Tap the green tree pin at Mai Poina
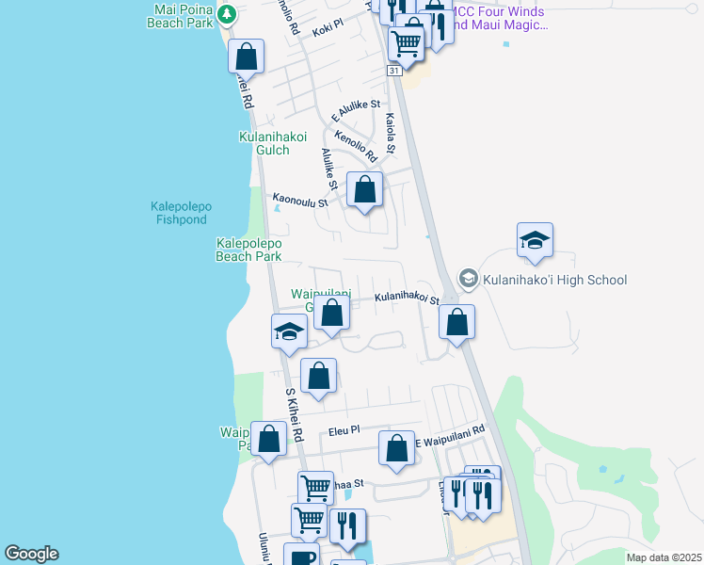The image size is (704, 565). tap(226, 14)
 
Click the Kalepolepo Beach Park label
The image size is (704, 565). tap(248, 249)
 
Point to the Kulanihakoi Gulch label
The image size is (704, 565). tap(273, 143)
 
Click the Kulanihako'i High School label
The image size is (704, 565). tap(554, 279)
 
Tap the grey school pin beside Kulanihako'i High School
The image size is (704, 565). tap(468, 278)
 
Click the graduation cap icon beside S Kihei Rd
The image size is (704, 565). tap(289, 331)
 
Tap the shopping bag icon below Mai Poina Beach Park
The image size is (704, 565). tap(246, 56)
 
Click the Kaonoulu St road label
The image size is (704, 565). tap(300, 201)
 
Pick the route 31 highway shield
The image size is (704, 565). tap(393, 71)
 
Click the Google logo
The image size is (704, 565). tap(31, 554)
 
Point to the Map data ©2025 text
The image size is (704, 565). tap(663, 557)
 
